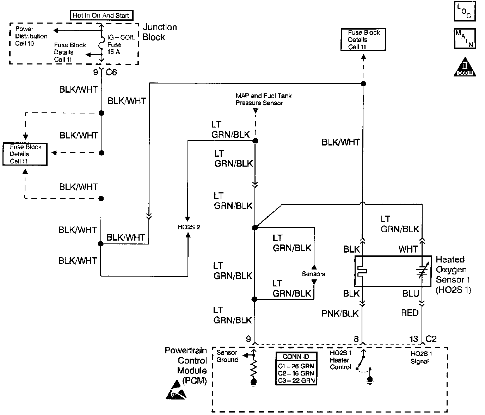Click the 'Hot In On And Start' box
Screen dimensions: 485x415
click(102, 16)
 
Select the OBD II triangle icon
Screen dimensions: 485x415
click(465, 67)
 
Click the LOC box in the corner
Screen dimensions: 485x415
click(465, 11)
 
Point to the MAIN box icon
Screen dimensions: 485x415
click(465, 39)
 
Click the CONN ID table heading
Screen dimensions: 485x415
click(296, 357)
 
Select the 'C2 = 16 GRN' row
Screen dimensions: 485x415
click(296, 373)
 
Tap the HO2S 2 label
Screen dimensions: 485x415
click(189, 227)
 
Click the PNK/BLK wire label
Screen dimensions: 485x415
click(340, 314)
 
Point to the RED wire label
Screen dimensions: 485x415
click(410, 313)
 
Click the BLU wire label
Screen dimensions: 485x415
click(411, 293)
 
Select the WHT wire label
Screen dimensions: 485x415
click(408, 249)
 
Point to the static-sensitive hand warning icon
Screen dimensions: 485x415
click(176, 390)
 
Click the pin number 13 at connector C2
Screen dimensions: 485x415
click(414, 339)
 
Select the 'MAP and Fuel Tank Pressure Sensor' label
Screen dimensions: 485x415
click(264, 99)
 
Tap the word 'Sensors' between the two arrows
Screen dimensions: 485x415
click(313, 274)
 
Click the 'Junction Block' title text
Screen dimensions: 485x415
click(160, 32)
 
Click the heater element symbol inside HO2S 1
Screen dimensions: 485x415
click(362, 271)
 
